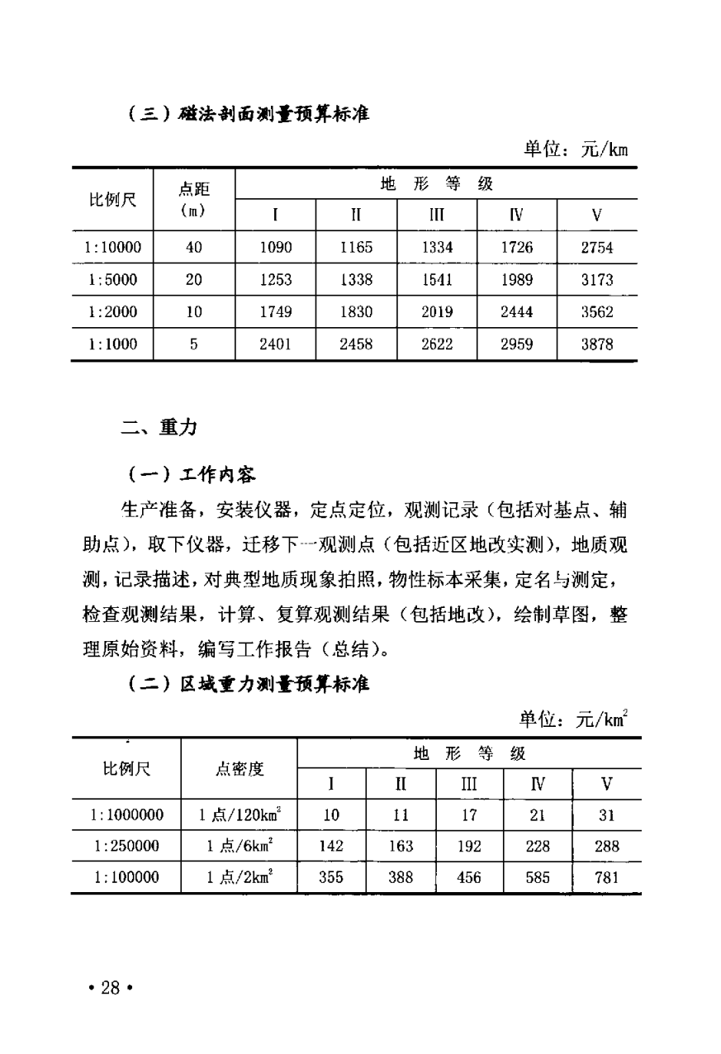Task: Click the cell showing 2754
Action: [x=596, y=247]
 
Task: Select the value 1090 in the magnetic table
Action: [x=275, y=247]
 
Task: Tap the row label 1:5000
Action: [x=112, y=280]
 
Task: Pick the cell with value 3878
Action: [x=596, y=345]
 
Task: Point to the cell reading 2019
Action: [x=437, y=312]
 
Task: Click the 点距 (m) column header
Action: [x=193, y=199]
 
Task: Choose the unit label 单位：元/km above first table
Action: [x=575, y=150]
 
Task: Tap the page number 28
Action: [x=111, y=988]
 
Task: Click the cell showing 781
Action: [x=606, y=877]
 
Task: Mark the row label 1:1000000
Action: [x=126, y=815]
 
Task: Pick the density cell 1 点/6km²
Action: [x=239, y=847]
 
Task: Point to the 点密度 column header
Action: [x=240, y=769]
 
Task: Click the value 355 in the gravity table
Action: [x=330, y=877]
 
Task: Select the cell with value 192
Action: [x=468, y=847]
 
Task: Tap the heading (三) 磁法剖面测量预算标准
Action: [x=248, y=115]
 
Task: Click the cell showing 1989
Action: [x=517, y=280]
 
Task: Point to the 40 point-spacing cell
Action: [x=193, y=247]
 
